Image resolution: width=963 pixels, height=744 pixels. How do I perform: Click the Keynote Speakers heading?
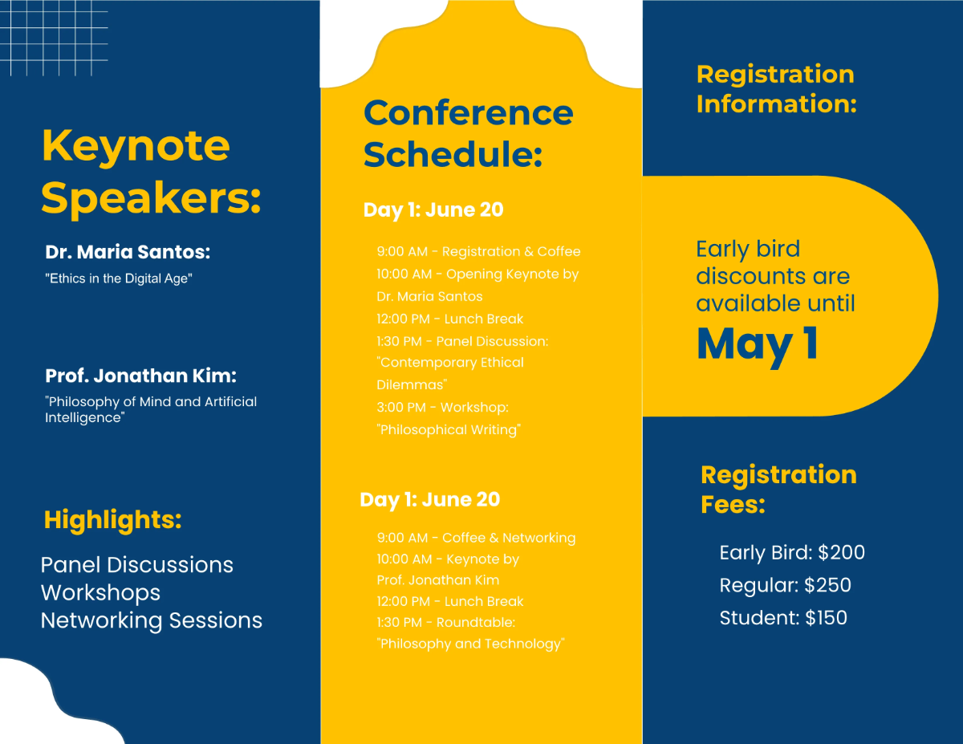151,170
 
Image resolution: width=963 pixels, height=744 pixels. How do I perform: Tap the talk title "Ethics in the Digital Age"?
119,278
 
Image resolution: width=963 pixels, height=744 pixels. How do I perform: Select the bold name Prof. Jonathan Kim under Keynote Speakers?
140,376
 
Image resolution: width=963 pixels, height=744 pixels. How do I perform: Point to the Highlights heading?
112,519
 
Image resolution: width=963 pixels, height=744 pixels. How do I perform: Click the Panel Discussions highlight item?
136,564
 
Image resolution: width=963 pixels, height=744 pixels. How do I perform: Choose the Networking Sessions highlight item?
151,620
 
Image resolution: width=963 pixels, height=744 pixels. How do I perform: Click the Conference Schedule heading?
468,133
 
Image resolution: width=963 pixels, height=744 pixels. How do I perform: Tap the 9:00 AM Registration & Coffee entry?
478,251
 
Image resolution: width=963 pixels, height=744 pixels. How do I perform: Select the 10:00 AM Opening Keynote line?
477,274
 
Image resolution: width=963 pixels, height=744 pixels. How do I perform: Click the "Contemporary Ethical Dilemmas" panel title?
450,373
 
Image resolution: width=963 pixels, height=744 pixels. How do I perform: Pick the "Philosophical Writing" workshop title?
449,429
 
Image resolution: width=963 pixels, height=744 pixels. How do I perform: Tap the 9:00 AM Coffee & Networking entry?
476,538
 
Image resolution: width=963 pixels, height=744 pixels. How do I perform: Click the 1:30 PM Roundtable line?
445,622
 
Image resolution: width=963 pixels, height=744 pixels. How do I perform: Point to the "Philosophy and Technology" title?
470,643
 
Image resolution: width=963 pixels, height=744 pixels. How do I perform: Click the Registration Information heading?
776,88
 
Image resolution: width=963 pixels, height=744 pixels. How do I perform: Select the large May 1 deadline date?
758,344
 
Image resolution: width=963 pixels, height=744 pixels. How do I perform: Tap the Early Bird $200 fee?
792,552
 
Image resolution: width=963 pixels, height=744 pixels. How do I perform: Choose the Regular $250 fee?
785,585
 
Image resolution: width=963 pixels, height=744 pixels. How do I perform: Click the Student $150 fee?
783,617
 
